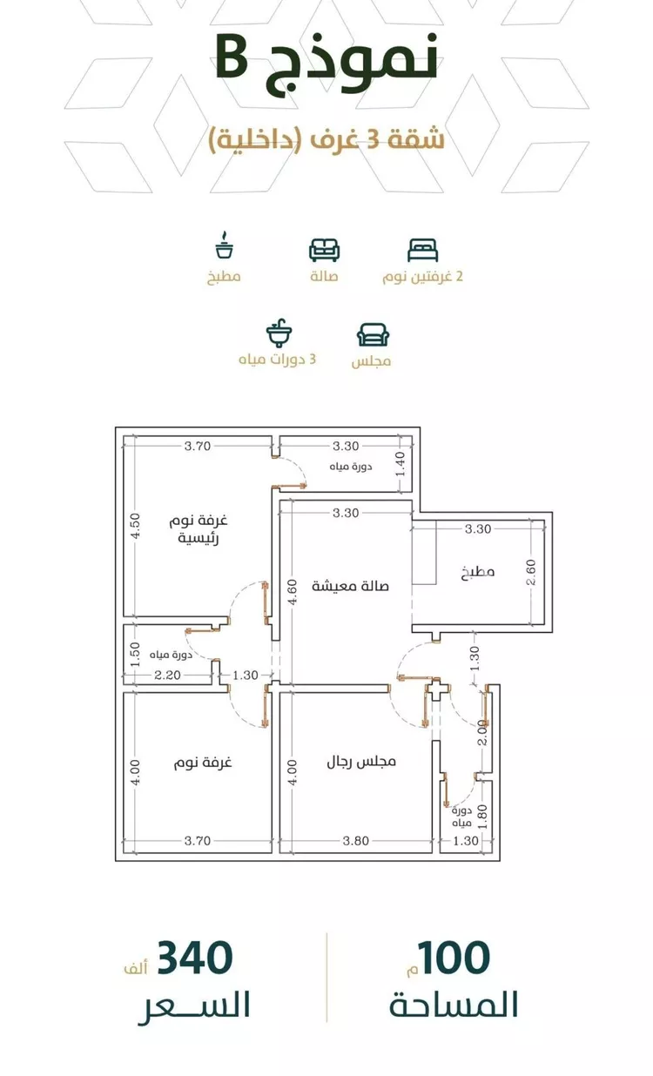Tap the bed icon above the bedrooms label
(x=422, y=250)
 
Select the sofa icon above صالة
(x=325, y=250)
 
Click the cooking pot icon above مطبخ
(x=224, y=246)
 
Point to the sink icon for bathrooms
(x=279, y=333)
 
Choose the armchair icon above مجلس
(x=373, y=335)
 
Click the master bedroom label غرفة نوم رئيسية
(x=198, y=529)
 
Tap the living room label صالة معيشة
(x=350, y=586)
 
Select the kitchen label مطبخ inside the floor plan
(x=478, y=572)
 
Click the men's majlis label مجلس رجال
(x=360, y=762)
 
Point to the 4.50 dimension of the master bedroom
(x=136, y=526)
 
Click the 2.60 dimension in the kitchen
(x=531, y=573)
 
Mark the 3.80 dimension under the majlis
(x=355, y=841)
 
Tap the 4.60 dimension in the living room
(x=293, y=592)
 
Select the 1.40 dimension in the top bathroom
(x=401, y=464)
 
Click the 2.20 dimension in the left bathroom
(x=167, y=675)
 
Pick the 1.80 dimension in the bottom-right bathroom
(x=483, y=817)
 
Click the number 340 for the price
(x=195, y=958)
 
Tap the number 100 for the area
(x=453, y=958)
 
